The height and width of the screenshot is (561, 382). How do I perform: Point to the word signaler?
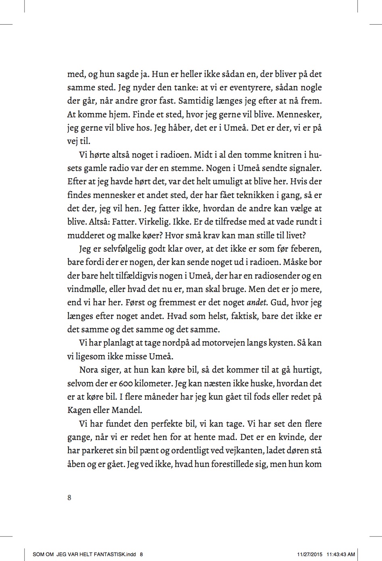coord(303,168)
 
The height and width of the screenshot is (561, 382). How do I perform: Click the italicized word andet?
coord(257,302)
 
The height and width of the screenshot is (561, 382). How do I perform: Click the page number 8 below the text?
coord(69,497)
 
